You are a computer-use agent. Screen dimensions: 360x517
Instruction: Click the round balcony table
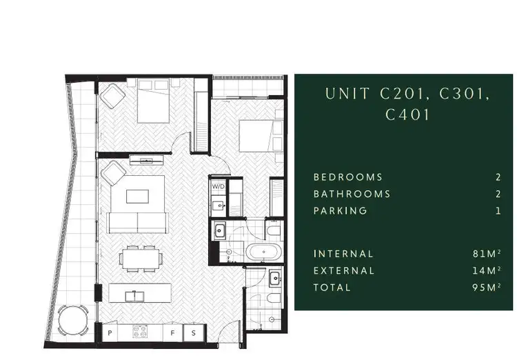point(72,321)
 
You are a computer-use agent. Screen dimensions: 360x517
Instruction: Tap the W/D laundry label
point(219,186)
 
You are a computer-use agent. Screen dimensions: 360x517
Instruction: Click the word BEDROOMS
point(348,177)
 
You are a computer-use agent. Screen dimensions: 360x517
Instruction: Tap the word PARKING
point(341,211)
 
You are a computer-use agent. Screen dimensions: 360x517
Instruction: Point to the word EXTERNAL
point(344,271)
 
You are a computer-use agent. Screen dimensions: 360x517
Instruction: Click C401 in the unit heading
point(408,114)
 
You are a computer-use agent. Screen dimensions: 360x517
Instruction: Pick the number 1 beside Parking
point(498,211)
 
